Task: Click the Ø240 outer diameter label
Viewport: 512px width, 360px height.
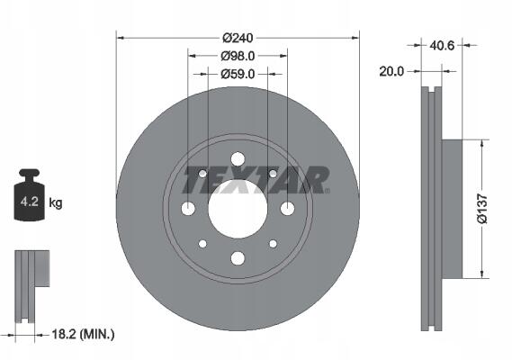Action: coord(238,38)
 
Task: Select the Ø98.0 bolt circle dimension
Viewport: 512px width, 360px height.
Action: coord(238,56)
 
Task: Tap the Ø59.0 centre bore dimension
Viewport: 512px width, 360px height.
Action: coord(238,74)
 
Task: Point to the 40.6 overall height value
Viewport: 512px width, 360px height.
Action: coord(442,45)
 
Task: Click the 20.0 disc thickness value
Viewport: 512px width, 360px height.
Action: coord(391,71)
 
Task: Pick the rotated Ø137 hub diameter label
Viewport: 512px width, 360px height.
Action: coord(482,209)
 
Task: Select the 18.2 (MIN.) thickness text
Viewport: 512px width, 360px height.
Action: coord(84,334)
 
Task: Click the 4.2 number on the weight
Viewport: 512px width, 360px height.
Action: coord(30,202)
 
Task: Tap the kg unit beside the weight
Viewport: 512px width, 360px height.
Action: coord(56,202)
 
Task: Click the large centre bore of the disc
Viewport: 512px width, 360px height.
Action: coord(238,209)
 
